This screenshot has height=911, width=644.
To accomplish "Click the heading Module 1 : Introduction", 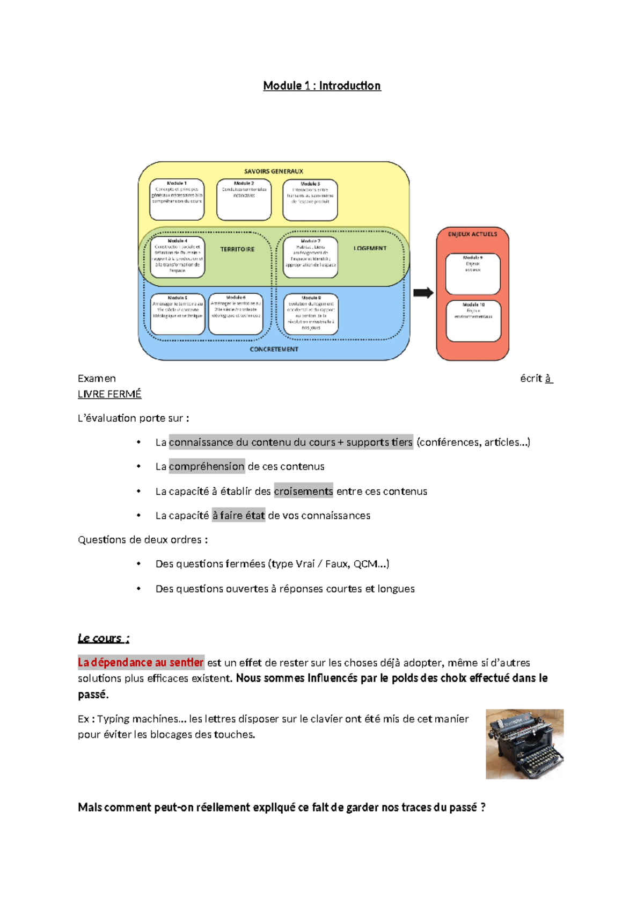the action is [x=322, y=86].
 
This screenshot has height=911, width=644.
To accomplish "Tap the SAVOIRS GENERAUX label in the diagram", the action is [x=274, y=171].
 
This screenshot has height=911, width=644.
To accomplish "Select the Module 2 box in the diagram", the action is [x=244, y=200].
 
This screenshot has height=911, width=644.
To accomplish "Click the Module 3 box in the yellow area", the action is [x=310, y=200].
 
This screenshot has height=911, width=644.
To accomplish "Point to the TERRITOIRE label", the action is [x=237, y=249].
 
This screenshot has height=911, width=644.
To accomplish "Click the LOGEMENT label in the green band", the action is [x=370, y=248].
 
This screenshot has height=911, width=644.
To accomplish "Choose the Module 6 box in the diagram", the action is [x=236, y=314].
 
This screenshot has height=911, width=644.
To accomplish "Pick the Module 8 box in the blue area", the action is [x=311, y=314].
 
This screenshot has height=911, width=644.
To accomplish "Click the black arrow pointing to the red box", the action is [x=423, y=293].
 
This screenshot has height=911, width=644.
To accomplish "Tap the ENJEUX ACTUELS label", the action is [x=472, y=234].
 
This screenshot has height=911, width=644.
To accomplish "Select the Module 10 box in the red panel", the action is [x=473, y=321].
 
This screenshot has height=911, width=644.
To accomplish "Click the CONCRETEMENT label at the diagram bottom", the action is [x=274, y=349].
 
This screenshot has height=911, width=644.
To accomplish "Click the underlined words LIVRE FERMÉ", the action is [x=109, y=394].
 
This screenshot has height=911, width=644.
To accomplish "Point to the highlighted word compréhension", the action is [x=207, y=466].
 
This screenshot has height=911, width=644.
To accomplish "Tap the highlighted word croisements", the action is [x=303, y=491].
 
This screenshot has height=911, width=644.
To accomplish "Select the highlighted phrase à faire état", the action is [x=238, y=516].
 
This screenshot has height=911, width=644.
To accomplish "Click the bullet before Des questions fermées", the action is [x=138, y=564].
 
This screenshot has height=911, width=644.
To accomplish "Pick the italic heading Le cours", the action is [x=103, y=638].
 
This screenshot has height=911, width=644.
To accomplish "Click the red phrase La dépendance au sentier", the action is [x=141, y=662].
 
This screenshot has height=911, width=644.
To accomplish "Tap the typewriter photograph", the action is [x=524, y=744].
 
